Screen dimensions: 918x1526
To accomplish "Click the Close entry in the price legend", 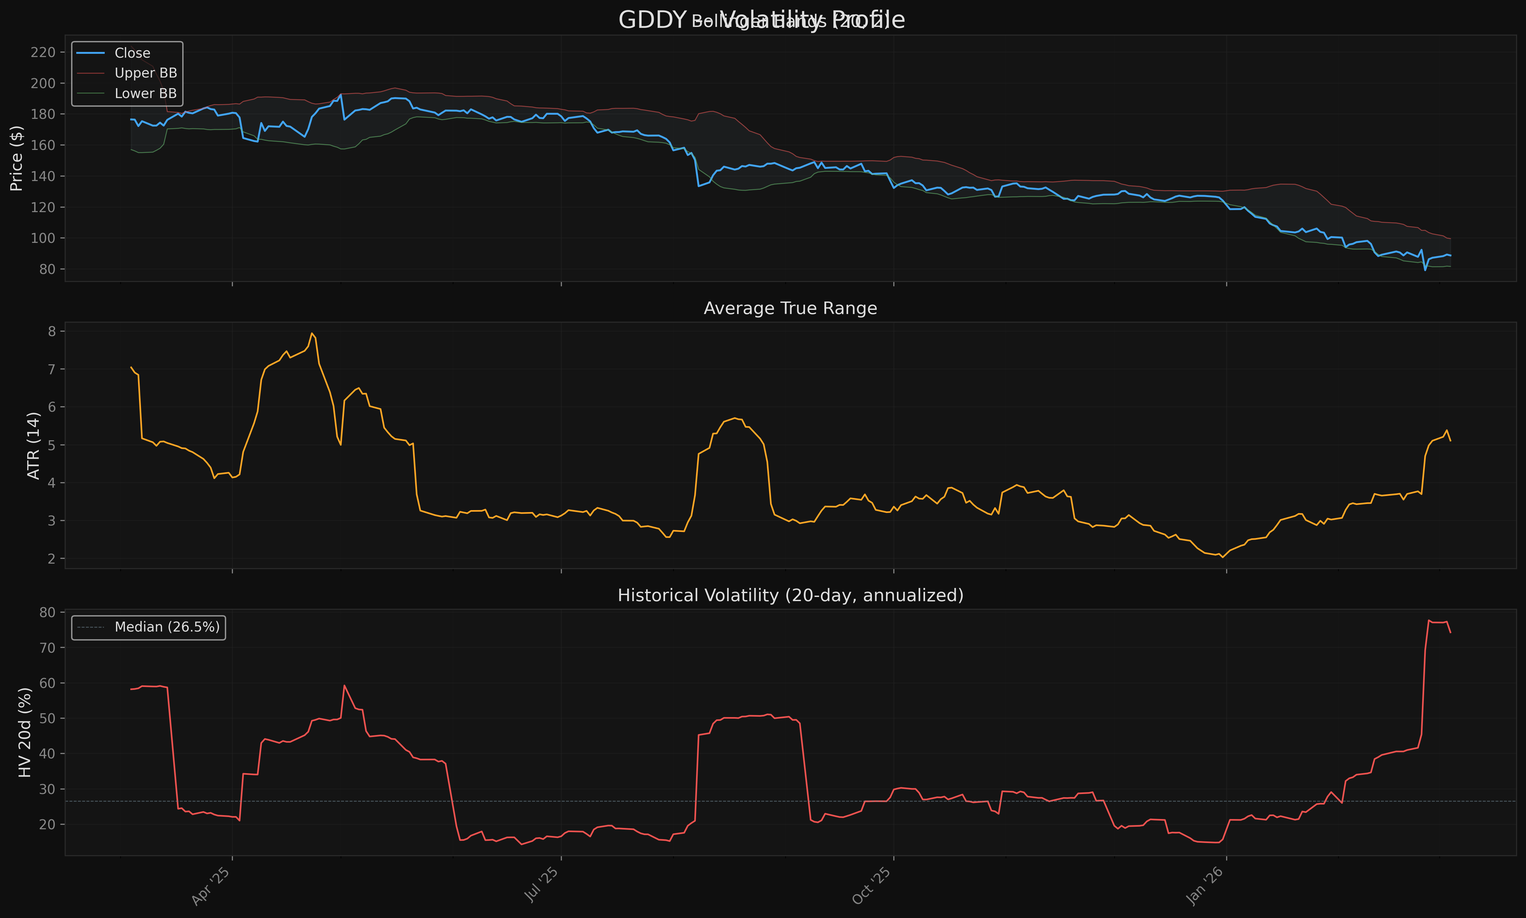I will [132, 53].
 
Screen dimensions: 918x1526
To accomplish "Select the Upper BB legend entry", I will [146, 73].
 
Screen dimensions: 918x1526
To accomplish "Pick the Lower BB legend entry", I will [146, 94].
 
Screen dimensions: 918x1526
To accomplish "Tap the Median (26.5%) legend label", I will [167, 627].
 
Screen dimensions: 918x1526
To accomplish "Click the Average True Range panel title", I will [790, 308].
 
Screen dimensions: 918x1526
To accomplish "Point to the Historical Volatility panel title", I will [790, 595].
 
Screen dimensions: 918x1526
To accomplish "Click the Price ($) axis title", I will [17, 158].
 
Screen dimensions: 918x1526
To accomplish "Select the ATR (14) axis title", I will [34, 445].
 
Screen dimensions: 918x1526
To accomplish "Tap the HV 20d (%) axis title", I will [25, 732].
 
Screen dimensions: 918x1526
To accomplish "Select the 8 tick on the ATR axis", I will [52, 332].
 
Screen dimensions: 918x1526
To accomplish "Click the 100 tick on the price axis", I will [43, 238].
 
